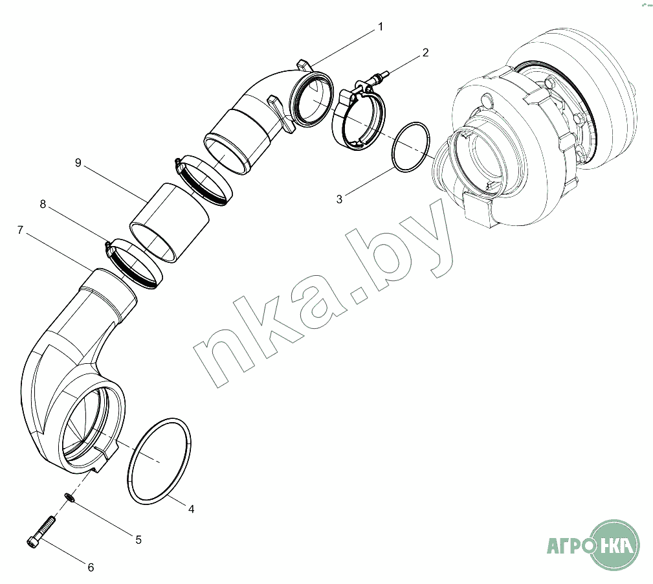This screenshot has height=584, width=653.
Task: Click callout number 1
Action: pos(380,27)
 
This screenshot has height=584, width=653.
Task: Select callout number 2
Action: pos(425,52)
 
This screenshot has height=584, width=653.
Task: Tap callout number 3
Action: pos(339,199)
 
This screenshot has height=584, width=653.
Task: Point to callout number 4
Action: pos(191,509)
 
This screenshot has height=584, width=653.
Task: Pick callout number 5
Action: pos(138,540)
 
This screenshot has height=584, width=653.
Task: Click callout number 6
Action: pos(91,567)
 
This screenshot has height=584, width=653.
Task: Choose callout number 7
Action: pos(20,230)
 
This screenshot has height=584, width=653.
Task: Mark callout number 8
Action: pos(43,204)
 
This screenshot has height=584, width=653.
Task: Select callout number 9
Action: pos(78,163)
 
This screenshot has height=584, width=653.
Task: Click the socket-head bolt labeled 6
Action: pos(41,532)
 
